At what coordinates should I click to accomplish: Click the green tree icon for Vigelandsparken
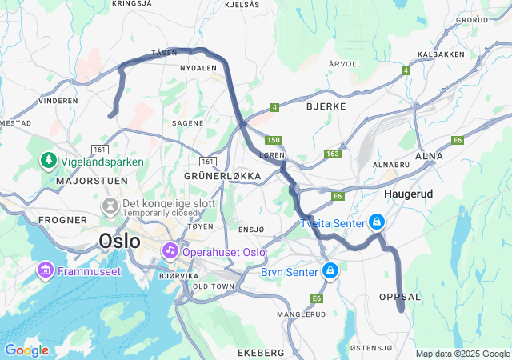point(49,161)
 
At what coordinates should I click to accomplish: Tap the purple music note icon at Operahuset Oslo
point(170,251)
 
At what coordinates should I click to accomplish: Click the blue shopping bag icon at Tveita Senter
point(376,222)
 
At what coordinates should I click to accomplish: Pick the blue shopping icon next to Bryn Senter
point(330,272)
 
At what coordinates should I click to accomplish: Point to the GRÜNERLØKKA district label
point(222,175)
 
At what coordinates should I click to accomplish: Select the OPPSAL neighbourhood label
point(399,297)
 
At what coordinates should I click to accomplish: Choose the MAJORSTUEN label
point(87,182)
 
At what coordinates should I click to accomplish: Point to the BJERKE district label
point(326,106)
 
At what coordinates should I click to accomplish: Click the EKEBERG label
point(261,352)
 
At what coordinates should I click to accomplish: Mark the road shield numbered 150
point(274,140)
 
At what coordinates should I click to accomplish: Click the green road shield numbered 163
point(333,154)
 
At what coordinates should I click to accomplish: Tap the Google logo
point(26,350)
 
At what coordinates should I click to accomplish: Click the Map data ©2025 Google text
point(462,354)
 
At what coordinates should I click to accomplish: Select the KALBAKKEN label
point(442,54)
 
